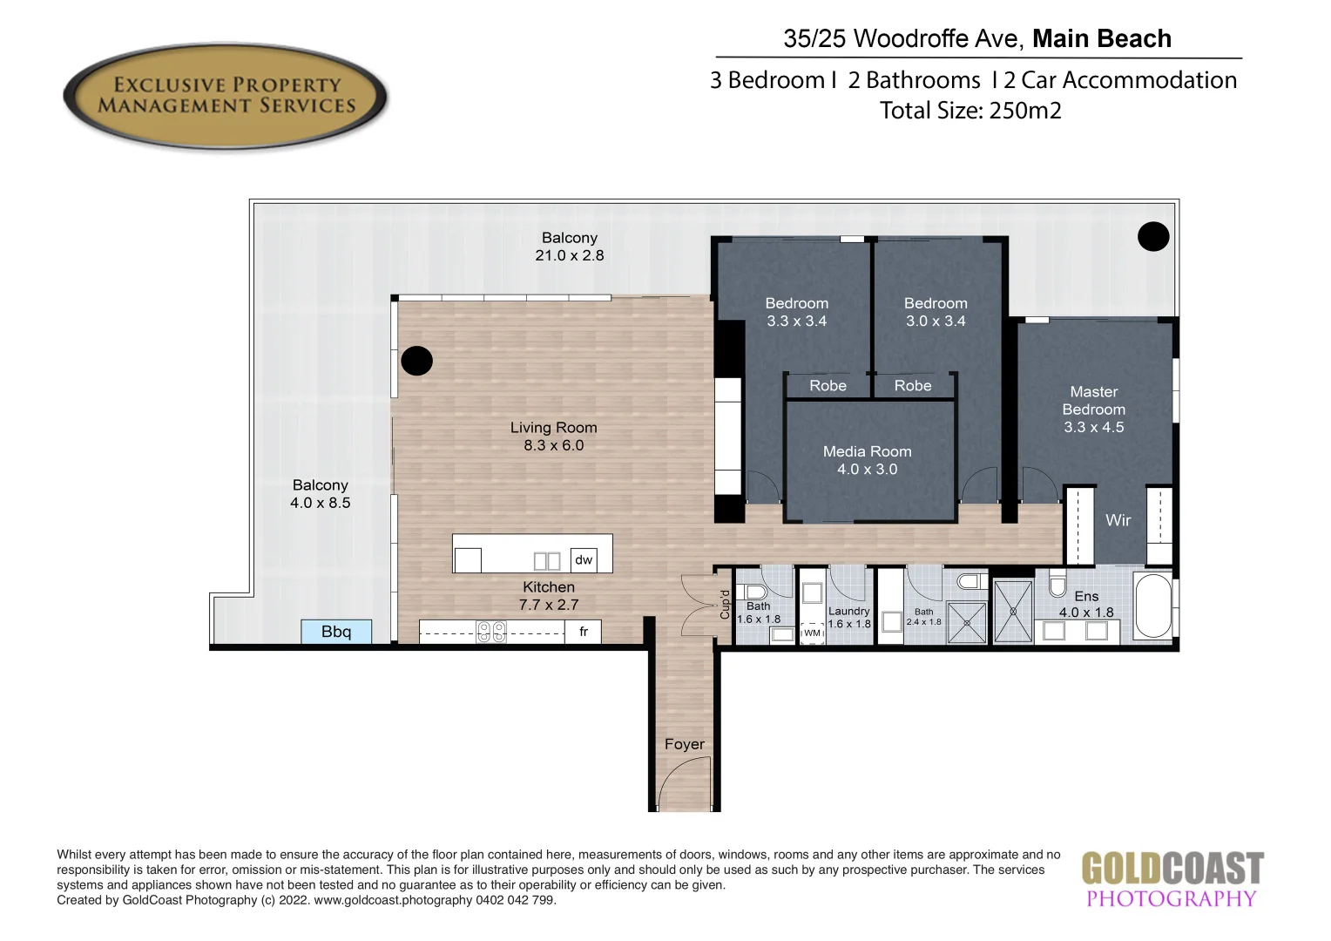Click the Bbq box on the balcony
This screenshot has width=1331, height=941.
pyautogui.click(x=336, y=632)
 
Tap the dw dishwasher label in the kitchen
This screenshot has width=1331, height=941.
pyautogui.click(x=584, y=559)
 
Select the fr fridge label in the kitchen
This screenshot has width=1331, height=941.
pyautogui.click(x=584, y=632)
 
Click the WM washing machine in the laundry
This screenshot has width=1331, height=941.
pyautogui.click(x=812, y=633)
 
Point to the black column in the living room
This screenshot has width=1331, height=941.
pyautogui.click(x=416, y=360)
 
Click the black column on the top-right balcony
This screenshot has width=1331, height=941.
pyautogui.click(x=1153, y=236)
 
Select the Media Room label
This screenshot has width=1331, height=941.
pyautogui.click(x=867, y=451)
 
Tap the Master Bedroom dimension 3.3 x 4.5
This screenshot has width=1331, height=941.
pyautogui.click(x=1093, y=427)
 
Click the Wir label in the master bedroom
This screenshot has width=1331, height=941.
pyautogui.click(x=1118, y=520)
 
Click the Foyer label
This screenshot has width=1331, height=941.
pyautogui.click(x=684, y=744)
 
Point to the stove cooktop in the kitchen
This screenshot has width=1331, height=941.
pyautogui.click(x=491, y=632)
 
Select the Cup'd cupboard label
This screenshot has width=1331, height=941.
pyautogui.click(x=724, y=604)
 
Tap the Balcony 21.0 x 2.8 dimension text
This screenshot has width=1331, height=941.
pyautogui.click(x=569, y=255)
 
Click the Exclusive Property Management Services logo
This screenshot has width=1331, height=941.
pyautogui.click(x=226, y=96)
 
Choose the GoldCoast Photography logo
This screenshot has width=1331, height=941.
pyautogui.click(x=1172, y=880)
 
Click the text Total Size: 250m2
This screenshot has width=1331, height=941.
pyautogui.click(x=970, y=111)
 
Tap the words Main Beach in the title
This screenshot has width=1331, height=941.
pyautogui.click(x=1101, y=39)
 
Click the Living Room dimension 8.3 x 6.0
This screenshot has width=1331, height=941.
pyautogui.click(x=553, y=445)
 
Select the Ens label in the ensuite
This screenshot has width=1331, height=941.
pyautogui.click(x=1085, y=596)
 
